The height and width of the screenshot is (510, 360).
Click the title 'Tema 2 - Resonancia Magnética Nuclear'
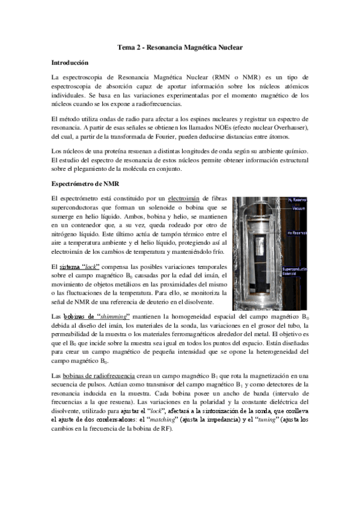tap(180, 47)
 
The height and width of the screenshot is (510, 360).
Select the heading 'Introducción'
tap(70, 62)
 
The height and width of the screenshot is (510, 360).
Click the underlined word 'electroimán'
tap(189, 198)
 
